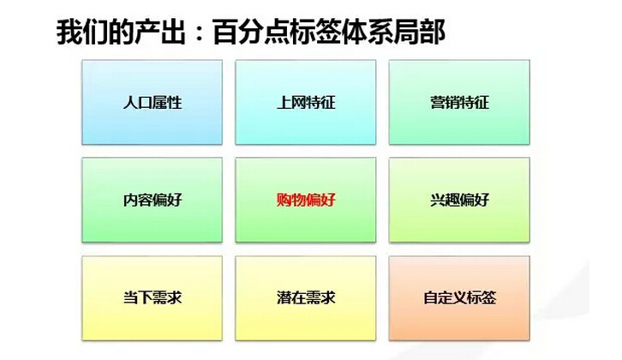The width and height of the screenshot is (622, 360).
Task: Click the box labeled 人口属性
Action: pyautogui.click(x=152, y=102)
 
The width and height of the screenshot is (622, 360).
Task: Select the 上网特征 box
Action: pyautogui.click(x=306, y=102)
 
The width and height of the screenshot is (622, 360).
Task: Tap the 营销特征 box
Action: pyautogui.click(x=459, y=102)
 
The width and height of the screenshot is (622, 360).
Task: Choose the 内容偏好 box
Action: pyautogui.click(x=152, y=200)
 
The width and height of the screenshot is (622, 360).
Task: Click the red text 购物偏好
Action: pyautogui.click(x=306, y=200)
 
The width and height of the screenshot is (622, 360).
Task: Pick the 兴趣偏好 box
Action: pyautogui.click(x=459, y=200)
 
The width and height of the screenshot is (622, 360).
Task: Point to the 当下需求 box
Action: pyautogui.click(x=152, y=298)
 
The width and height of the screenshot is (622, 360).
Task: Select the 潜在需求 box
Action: pyautogui.click(x=306, y=298)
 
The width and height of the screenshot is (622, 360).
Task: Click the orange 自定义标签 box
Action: pyautogui.click(x=459, y=298)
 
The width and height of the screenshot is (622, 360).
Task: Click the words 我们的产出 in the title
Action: pyautogui.click(x=121, y=32)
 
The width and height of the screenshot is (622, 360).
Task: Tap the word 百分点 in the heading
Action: pyautogui.click(x=251, y=32)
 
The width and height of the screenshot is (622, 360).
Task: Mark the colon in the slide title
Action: pyautogui.click(x=200, y=33)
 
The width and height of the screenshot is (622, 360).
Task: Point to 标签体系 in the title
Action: pyautogui.click(x=342, y=32)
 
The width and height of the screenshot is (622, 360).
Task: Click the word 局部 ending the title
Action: pyautogui.click(x=419, y=32)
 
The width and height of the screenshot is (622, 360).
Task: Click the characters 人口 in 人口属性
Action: pyautogui.click(x=137, y=102)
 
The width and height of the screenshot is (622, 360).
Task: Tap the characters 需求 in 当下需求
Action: pyautogui.click(x=167, y=297)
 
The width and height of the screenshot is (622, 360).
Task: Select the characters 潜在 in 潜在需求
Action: pyautogui.click(x=291, y=297)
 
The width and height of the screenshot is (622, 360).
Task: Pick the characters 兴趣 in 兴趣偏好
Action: pyautogui.click(x=445, y=200)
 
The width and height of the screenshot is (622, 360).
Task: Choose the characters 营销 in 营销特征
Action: pyautogui.click(x=445, y=102)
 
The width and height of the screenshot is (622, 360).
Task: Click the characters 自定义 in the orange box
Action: pyautogui.click(x=445, y=297)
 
